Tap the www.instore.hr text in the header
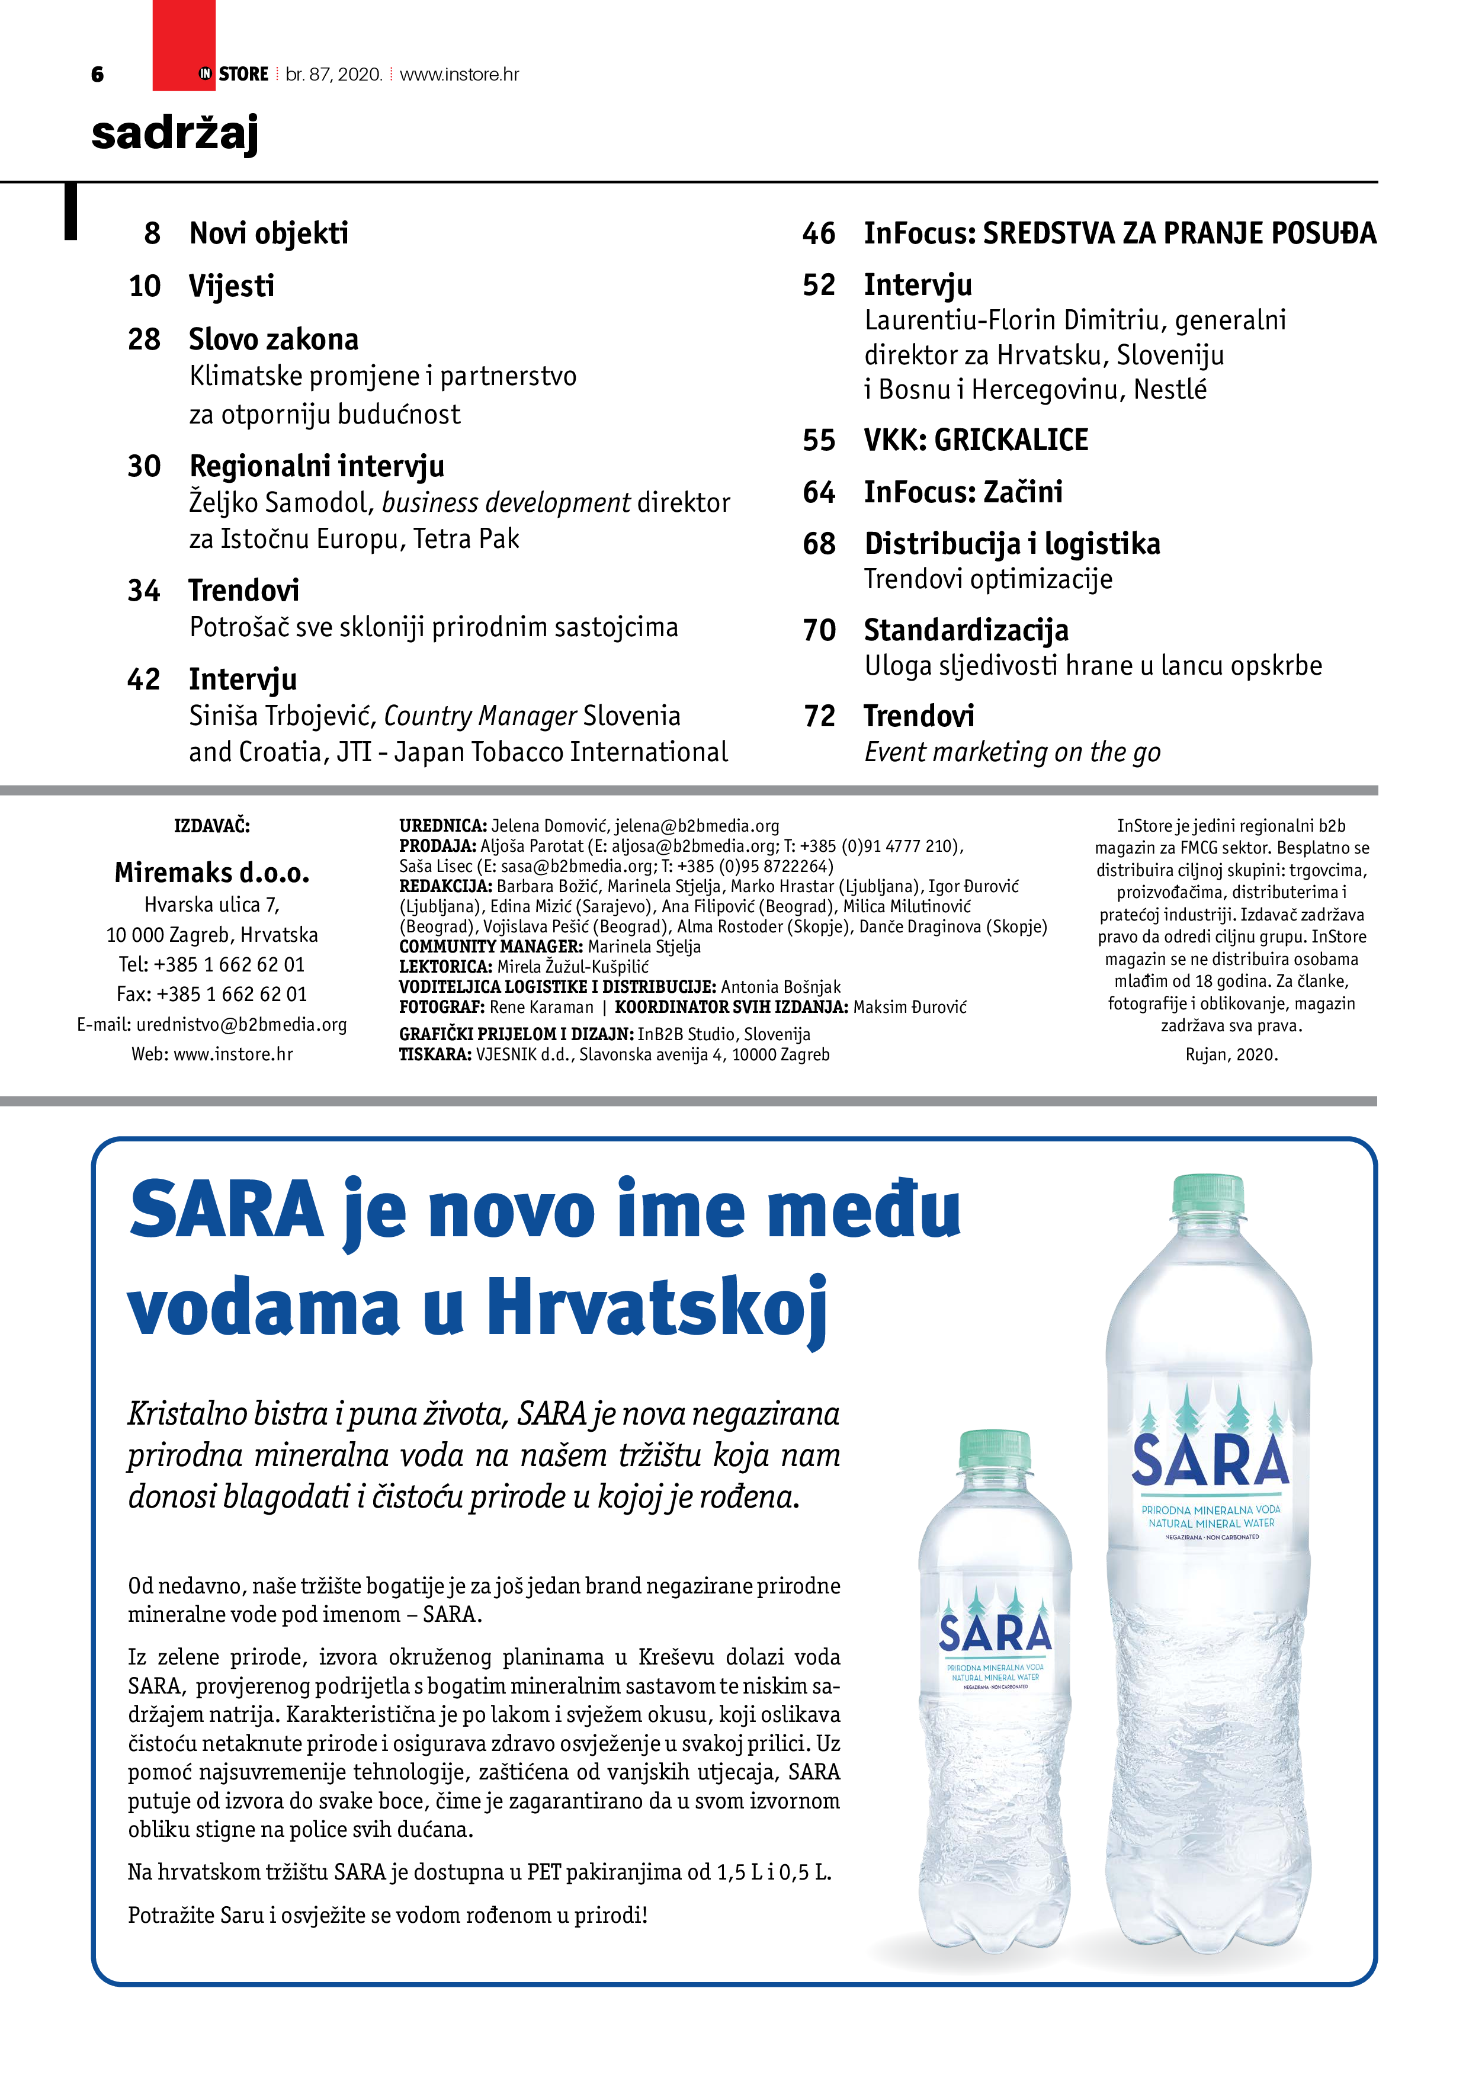[459, 74]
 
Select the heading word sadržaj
[175, 134]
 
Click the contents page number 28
[144, 339]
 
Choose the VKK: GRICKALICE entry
[976, 440]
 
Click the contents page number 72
[819, 716]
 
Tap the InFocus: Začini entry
[963, 492]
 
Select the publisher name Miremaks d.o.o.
[212, 873]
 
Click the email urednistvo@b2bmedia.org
[242, 1025]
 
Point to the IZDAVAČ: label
[212, 825]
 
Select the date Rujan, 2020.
[1231, 1054]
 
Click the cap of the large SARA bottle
[1207, 1194]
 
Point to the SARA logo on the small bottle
[995, 1634]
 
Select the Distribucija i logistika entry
[1012, 543]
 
